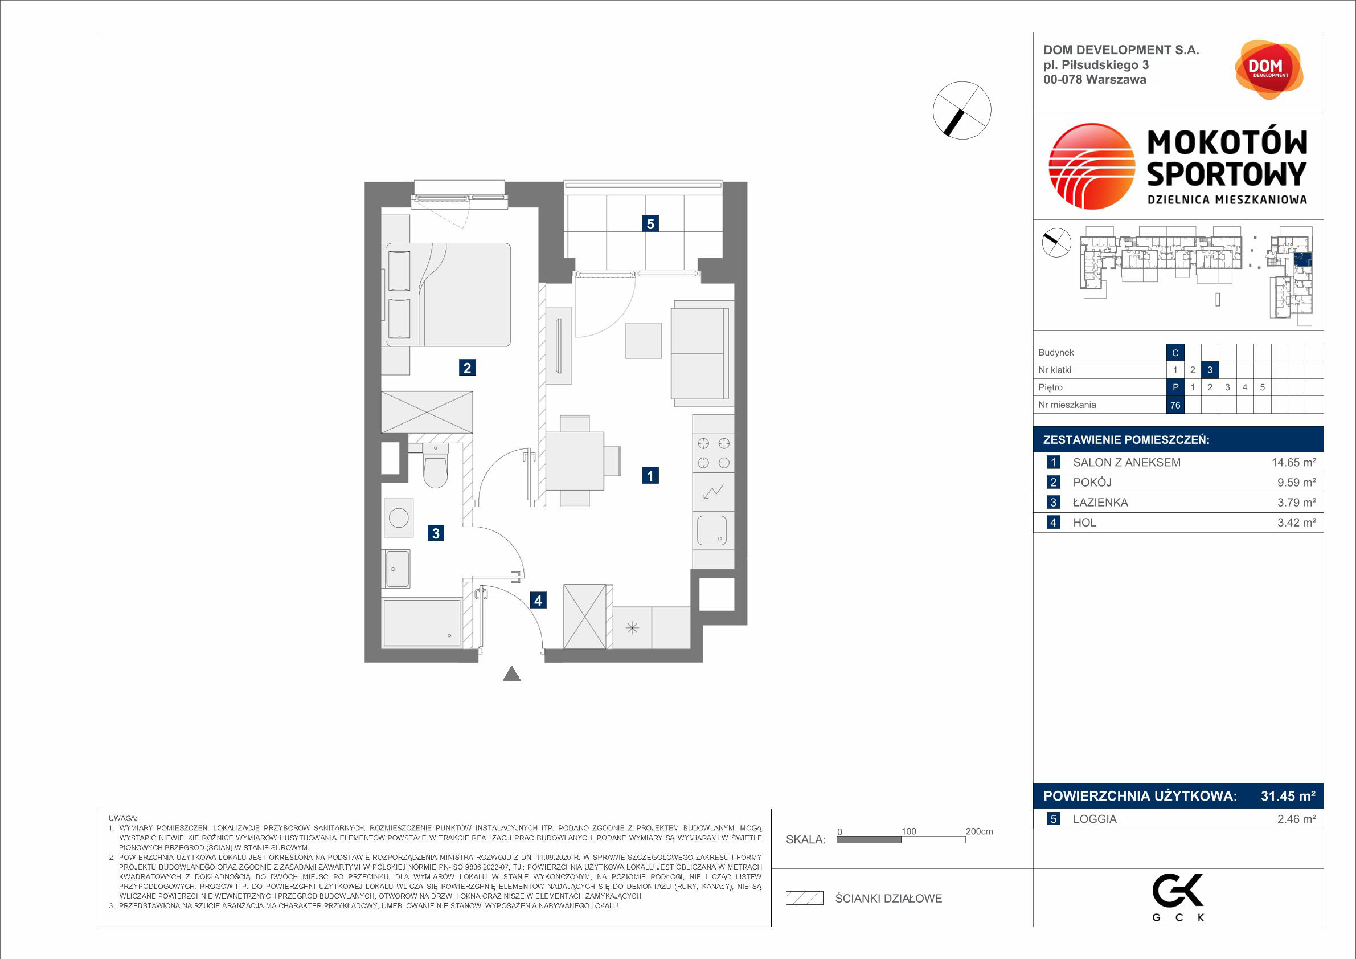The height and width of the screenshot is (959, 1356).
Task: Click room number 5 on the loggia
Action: point(650,223)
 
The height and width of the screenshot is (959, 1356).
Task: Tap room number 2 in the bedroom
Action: point(467,368)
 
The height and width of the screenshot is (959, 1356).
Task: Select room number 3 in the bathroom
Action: point(436,533)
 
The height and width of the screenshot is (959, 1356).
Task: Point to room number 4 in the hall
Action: point(538,601)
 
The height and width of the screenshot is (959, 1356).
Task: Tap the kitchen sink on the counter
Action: point(712,530)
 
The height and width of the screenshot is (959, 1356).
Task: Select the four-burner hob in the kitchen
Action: point(714,453)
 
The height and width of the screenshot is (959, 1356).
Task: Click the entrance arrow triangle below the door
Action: point(511,674)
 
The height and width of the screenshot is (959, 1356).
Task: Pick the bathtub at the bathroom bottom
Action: point(421,623)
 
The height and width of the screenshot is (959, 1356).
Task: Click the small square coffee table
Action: point(644,340)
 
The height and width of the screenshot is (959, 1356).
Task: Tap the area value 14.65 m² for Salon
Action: point(1293,463)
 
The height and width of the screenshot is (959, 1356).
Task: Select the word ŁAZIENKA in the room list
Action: point(1100,502)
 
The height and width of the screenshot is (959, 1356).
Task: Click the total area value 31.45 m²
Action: point(1288,796)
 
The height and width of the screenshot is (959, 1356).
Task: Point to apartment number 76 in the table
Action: point(1175,405)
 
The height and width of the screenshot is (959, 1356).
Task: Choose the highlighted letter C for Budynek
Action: point(1175,353)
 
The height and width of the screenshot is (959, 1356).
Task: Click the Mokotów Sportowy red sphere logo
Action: point(1091,166)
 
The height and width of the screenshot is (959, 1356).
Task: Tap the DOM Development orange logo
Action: point(1269,70)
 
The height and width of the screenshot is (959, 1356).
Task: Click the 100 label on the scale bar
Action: point(908,831)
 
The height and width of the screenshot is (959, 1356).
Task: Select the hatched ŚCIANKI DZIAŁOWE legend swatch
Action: point(804,898)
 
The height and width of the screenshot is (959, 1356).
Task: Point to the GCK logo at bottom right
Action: point(1178,897)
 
